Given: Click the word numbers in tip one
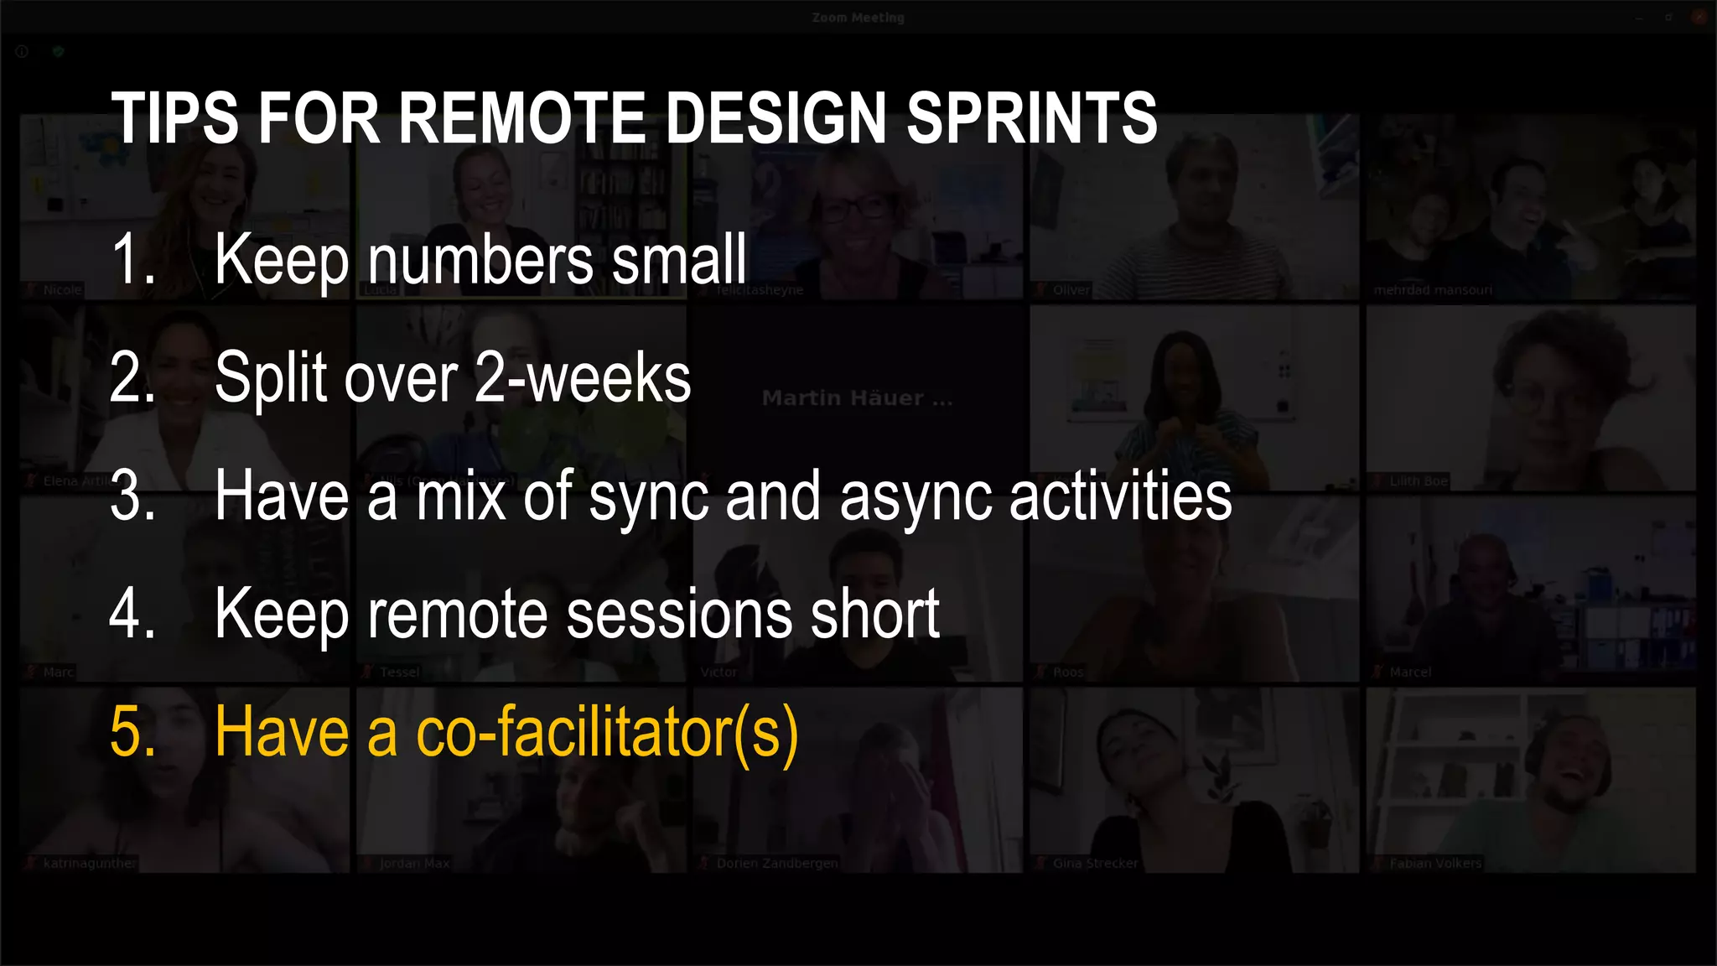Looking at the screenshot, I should pos(481,259).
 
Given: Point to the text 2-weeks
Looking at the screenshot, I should pos(582,378).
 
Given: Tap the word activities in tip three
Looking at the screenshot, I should pos(1120,496).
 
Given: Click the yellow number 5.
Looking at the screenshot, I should pos(132,732).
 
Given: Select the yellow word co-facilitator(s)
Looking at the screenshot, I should pos(607,732).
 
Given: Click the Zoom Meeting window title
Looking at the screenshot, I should pos(858,18).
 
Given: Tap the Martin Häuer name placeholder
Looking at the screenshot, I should pos(857,398).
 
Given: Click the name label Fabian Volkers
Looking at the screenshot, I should pos(1434,863).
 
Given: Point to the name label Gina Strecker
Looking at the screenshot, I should pos(1095,863).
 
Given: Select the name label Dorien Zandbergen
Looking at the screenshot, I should pos(776,863).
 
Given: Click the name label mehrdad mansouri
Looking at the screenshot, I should pos(1432,290).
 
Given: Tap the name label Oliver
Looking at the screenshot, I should pos(1071,290).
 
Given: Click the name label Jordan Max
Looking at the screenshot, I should pos(414,863).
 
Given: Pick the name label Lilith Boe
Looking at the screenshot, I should pos(1418,481).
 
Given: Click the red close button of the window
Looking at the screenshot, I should pos(1699,17).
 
